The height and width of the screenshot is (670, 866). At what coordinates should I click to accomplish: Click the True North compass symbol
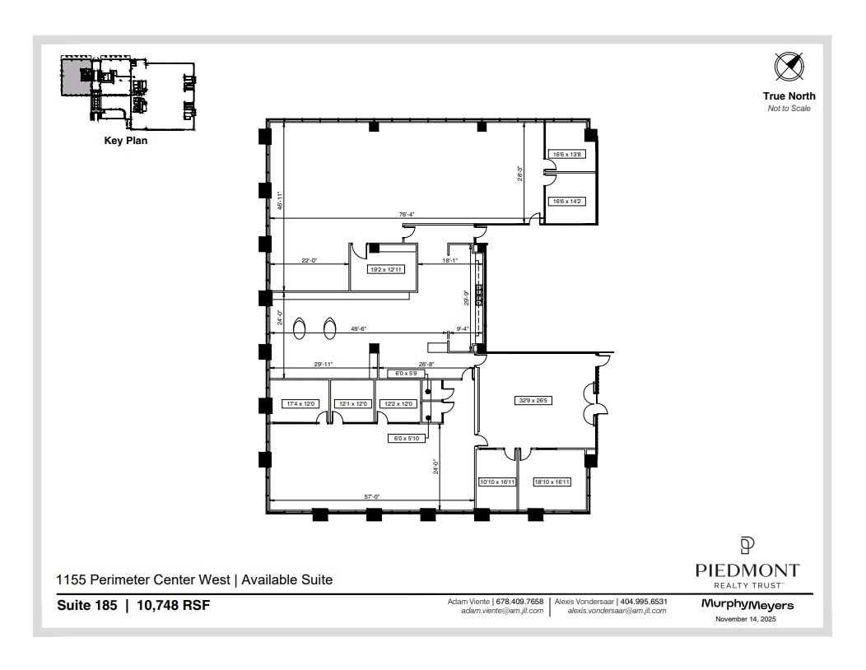[788, 67]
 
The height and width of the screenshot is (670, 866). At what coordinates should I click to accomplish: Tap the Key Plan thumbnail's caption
[126, 141]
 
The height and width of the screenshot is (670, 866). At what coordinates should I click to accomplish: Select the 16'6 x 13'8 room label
[567, 154]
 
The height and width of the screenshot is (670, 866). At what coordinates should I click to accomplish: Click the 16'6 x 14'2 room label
[567, 201]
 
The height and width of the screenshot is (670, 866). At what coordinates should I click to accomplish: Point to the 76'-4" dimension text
[407, 214]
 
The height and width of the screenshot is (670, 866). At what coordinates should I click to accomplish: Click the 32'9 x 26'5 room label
[533, 400]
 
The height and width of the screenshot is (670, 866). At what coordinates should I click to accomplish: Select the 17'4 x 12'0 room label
[300, 404]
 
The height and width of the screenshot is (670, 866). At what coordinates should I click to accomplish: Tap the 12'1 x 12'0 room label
[352, 404]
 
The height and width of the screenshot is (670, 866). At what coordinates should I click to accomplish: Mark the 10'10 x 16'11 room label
[496, 482]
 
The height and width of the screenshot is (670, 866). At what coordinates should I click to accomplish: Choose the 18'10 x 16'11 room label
[552, 482]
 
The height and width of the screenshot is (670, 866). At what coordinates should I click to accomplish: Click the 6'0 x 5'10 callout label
[406, 439]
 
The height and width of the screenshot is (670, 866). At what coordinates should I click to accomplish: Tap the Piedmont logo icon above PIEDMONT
[747, 546]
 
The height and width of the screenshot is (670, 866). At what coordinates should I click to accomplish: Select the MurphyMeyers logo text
[747, 605]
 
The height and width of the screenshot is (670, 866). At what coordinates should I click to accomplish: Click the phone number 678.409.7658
[519, 602]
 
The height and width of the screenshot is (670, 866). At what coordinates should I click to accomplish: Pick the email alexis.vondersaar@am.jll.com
[617, 612]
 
